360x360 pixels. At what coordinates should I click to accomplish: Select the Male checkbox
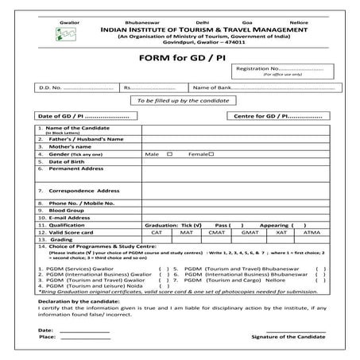(x=169, y=153)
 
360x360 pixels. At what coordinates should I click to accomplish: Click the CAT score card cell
(x=157, y=232)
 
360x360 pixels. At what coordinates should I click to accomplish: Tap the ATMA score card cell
(x=311, y=232)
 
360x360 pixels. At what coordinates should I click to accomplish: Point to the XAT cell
(x=281, y=232)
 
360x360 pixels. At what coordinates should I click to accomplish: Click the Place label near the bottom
(x=46, y=338)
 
